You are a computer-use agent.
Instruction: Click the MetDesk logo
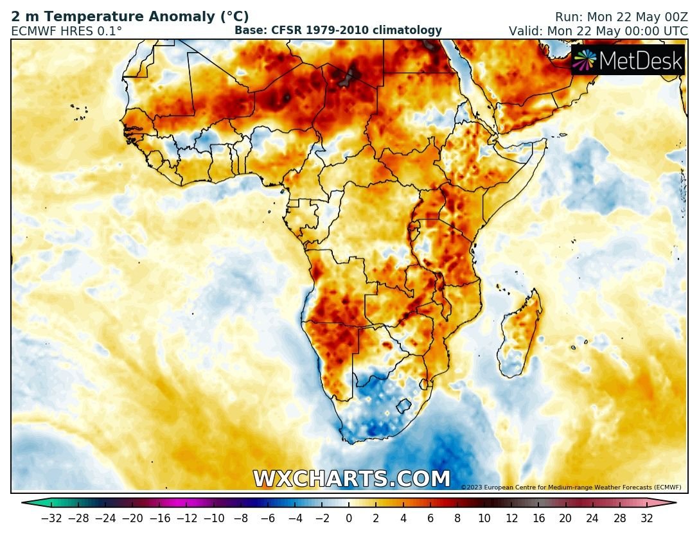pos(628,60)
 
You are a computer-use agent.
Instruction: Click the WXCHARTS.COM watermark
pos(351,479)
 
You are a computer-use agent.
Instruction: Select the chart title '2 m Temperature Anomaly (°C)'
pos(130,17)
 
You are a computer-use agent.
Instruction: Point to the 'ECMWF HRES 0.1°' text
pos(66,31)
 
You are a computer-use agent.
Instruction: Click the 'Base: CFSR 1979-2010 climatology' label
pos(338,30)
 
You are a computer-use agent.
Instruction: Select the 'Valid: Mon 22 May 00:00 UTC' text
pos(598,31)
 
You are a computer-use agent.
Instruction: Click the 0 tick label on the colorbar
pos(349,518)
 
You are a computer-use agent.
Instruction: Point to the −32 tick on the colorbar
pos(51,518)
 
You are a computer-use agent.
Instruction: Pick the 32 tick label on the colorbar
pos(646,518)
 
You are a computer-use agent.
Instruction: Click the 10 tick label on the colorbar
pos(484,518)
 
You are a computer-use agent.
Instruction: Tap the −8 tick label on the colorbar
pos(241,518)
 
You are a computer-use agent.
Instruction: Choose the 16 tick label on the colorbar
pos(538,518)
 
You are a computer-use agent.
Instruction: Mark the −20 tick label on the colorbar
pos(132,518)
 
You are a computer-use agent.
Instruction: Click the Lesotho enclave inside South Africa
pos(403,406)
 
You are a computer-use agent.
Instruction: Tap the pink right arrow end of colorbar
pos(670,503)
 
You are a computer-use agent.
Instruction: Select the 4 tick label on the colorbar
pos(403,518)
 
